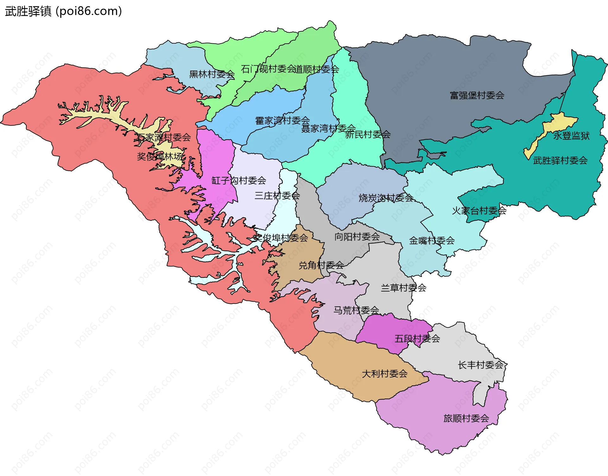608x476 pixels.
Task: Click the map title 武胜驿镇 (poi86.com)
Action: point(63,11)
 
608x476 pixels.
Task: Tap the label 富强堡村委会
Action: point(477,95)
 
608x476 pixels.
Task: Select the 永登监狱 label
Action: point(571,136)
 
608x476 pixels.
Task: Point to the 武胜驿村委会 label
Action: point(560,160)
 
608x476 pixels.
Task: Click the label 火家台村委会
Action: point(479,211)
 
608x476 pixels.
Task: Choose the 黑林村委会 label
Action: point(212,74)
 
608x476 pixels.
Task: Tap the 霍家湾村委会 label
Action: point(282,121)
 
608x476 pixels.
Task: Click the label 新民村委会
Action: point(367,135)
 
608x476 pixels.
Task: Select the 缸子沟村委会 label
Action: point(238,181)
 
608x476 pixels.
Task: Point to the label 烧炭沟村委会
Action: point(385,198)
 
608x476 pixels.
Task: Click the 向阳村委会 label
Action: point(357,237)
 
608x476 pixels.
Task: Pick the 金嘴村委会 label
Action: point(432,241)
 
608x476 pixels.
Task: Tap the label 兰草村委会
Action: point(403,288)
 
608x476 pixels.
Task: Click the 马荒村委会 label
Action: point(356,310)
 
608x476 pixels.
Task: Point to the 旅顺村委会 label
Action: point(466,418)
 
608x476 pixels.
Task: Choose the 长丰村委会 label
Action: point(480,365)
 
